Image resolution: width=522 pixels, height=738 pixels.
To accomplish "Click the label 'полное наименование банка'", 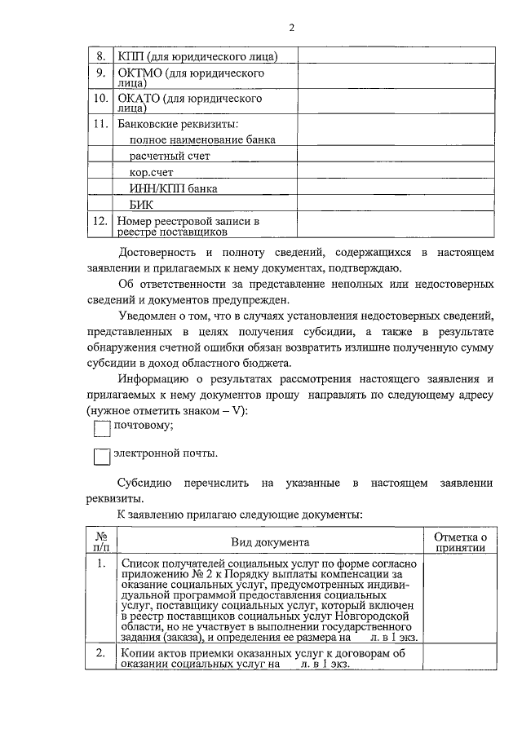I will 202,139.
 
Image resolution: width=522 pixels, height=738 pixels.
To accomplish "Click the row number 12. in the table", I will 100,221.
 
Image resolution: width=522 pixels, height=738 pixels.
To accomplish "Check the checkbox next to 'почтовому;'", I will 101,428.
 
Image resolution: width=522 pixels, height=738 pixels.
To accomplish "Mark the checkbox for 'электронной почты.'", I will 101,457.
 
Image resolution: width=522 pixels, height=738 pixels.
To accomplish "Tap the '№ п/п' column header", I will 102,542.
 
